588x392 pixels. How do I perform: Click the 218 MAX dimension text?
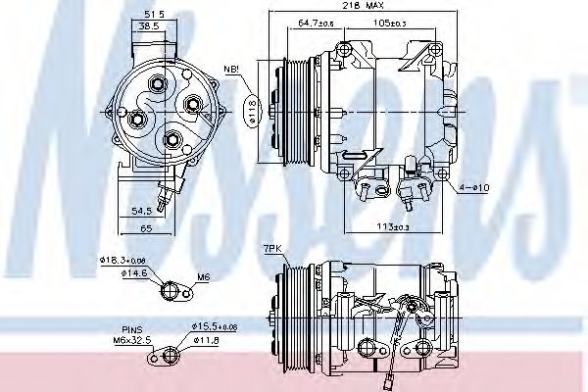click(x=357, y=7)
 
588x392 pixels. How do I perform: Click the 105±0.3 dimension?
click(x=391, y=22)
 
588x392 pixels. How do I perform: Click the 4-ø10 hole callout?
click(x=478, y=185)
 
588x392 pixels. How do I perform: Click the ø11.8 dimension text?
click(x=206, y=339)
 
